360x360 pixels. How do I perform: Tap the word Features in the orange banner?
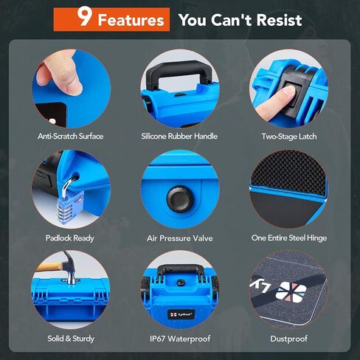pyautogui.click(x=131, y=20)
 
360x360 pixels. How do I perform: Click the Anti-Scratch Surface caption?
pyautogui.click(x=70, y=136)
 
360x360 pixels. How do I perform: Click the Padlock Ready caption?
pyautogui.click(x=70, y=238)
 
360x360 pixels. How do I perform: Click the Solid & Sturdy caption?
pyautogui.click(x=70, y=339)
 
